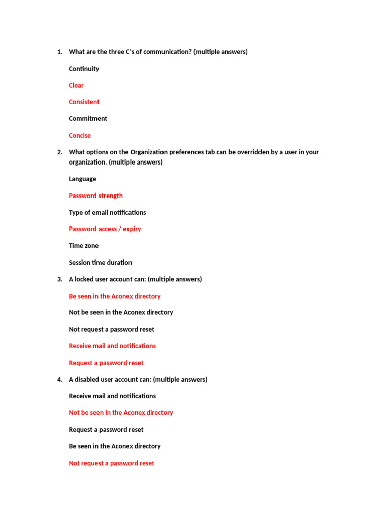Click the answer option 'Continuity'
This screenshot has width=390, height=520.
click(x=84, y=69)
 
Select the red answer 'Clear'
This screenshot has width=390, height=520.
click(x=76, y=85)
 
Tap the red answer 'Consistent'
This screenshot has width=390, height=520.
click(x=84, y=102)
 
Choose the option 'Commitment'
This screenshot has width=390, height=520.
click(x=88, y=118)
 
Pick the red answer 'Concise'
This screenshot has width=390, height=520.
click(x=80, y=135)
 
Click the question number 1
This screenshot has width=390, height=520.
click(x=59, y=52)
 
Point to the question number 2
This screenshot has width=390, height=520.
click(x=59, y=152)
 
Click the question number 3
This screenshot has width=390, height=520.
click(x=59, y=279)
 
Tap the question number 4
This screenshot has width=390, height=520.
click(x=59, y=379)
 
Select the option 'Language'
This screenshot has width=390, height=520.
click(x=82, y=179)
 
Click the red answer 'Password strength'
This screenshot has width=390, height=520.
click(x=95, y=196)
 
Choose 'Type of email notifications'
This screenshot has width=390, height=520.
click(x=107, y=212)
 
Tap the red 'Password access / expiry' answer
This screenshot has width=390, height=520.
click(x=105, y=229)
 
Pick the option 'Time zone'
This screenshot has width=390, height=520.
click(x=84, y=245)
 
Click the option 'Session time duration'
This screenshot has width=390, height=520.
click(x=100, y=262)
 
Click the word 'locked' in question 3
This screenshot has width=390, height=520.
click(x=84, y=279)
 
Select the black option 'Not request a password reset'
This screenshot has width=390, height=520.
click(x=111, y=329)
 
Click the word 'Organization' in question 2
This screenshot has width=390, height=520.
click(x=149, y=152)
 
